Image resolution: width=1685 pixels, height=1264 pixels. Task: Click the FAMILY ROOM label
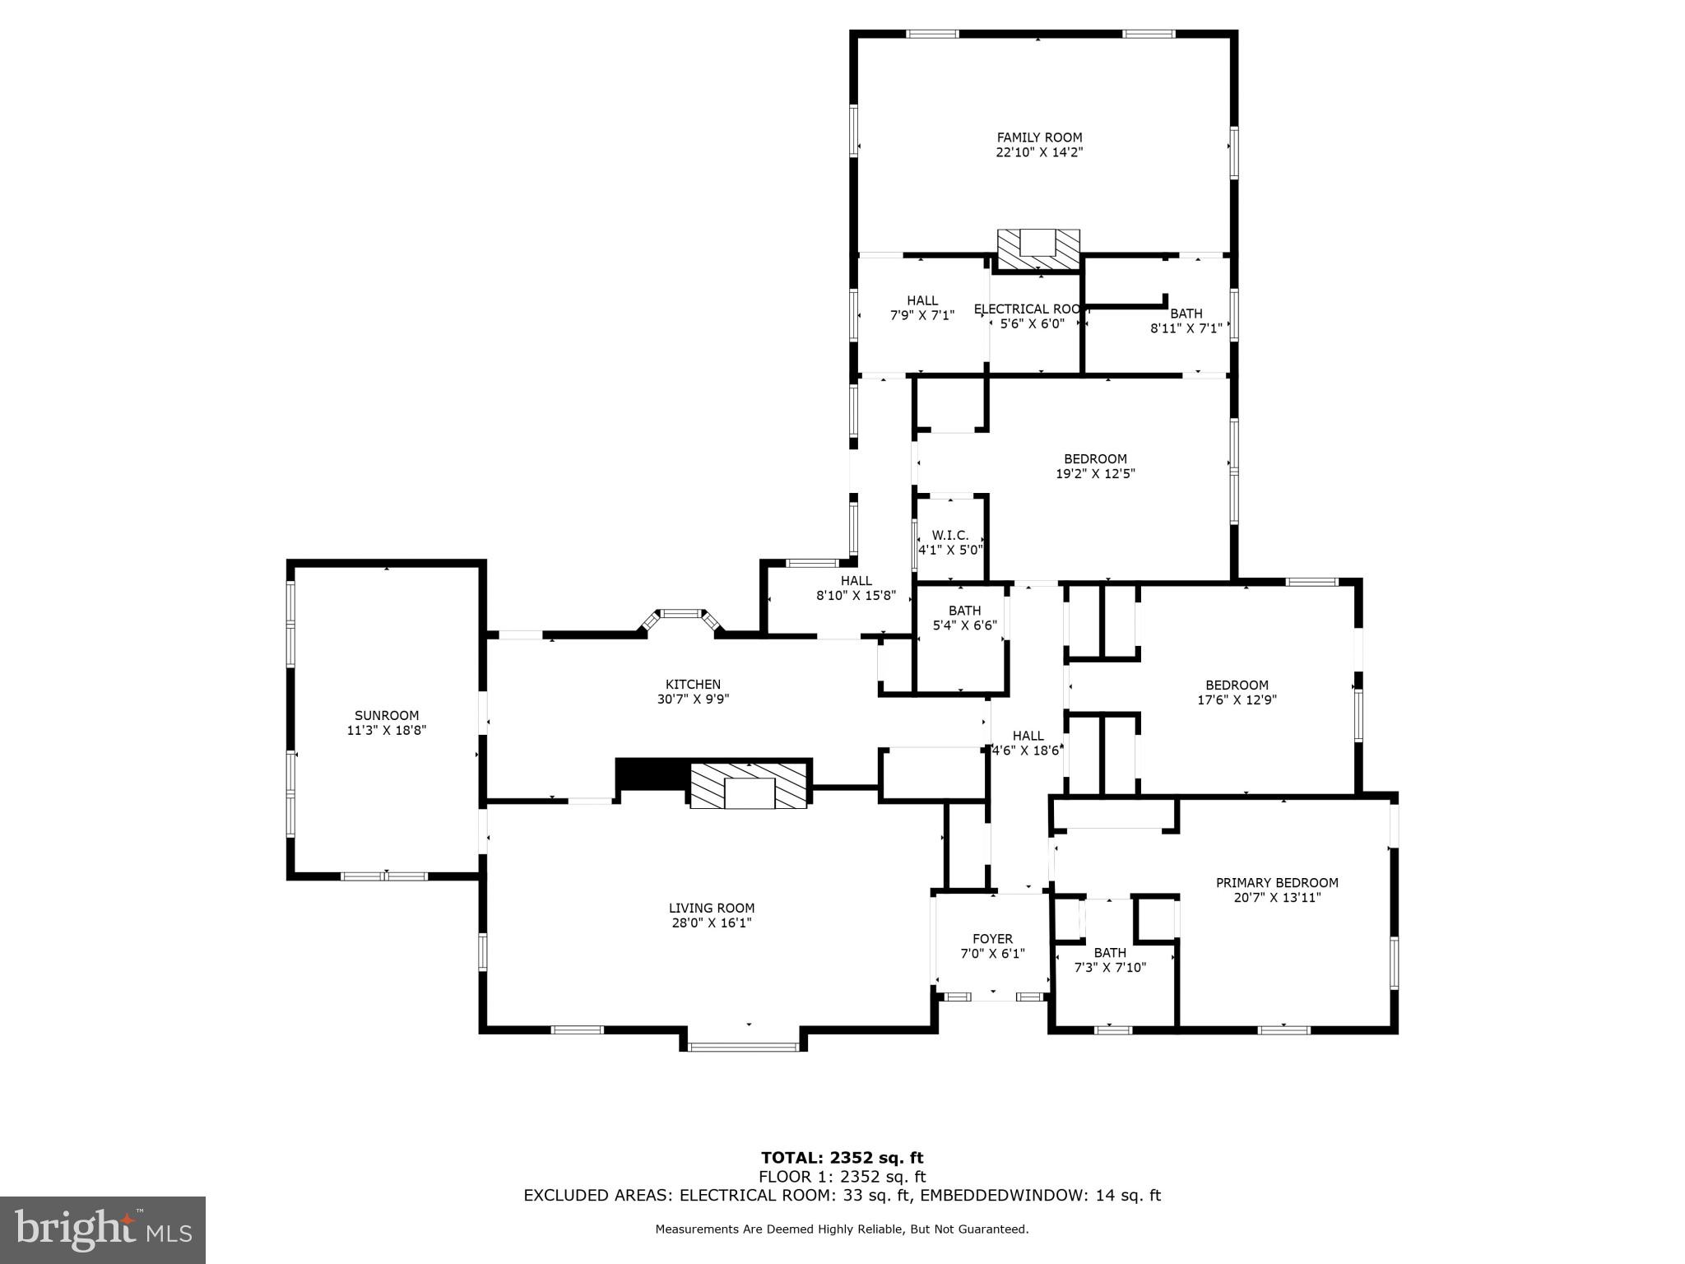(x=1039, y=137)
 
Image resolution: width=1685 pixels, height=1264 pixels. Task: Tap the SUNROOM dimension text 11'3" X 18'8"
(x=386, y=730)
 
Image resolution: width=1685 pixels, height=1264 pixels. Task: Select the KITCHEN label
(x=693, y=684)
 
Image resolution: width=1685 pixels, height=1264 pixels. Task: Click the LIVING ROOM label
(x=711, y=908)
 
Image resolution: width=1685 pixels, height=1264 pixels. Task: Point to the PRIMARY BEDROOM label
(x=1277, y=882)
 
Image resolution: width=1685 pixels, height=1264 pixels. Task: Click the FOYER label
(x=992, y=938)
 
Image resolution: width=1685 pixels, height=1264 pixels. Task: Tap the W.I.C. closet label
(x=949, y=535)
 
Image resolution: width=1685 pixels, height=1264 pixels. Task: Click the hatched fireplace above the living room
(x=749, y=786)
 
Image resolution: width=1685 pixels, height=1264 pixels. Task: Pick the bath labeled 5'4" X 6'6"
(x=964, y=617)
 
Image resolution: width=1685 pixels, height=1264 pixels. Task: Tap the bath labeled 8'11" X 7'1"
(x=1186, y=321)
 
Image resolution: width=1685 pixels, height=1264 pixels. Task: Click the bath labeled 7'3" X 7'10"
(x=1110, y=960)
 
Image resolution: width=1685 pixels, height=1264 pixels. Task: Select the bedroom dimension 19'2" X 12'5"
(x=1095, y=474)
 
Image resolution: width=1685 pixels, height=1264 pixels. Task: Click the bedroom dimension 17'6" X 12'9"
(x=1237, y=700)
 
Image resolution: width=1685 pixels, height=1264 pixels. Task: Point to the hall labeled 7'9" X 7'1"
(x=922, y=308)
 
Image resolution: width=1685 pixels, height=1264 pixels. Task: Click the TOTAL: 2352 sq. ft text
(x=842, y=1159)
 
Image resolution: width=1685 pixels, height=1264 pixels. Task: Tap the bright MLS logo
(x=103, y=1229)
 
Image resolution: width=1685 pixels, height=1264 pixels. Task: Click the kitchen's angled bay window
(x=680, y=615)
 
